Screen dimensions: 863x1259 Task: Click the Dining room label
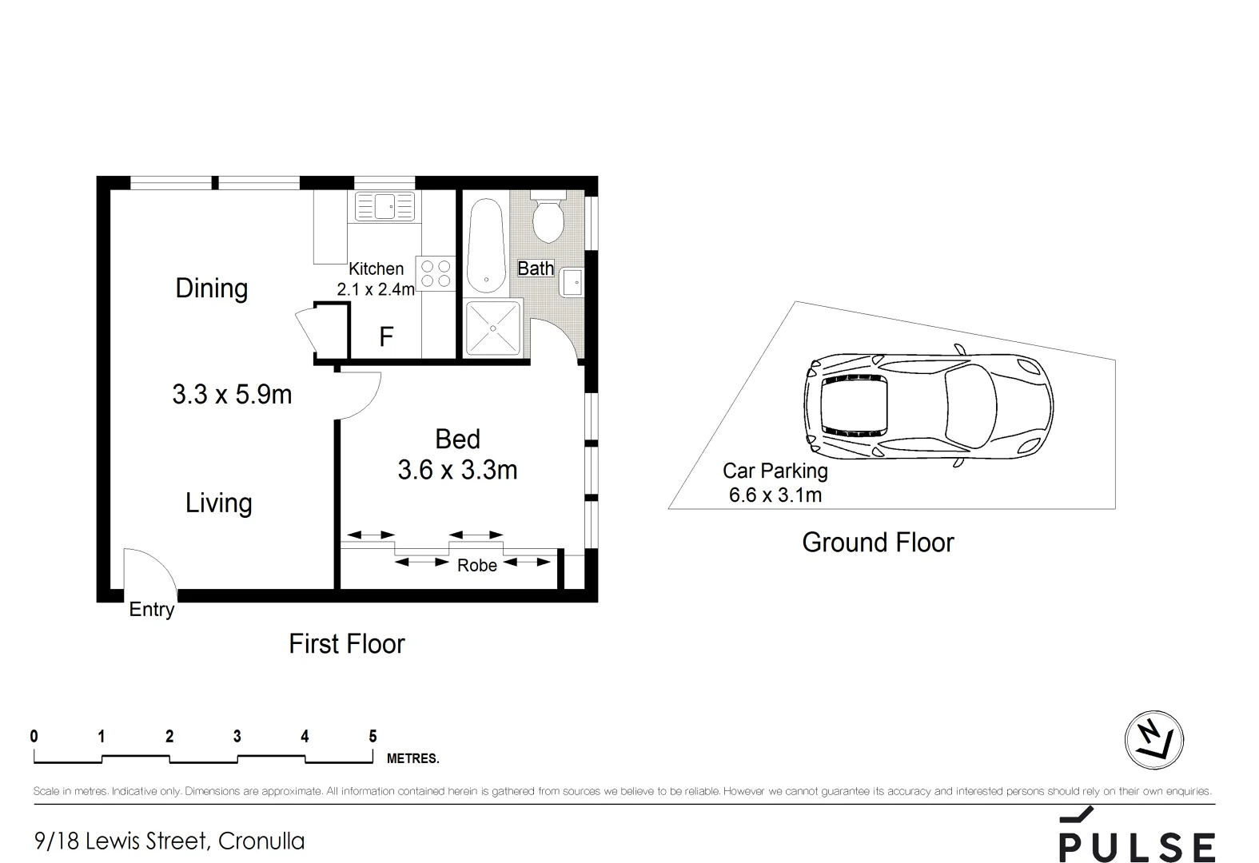211,288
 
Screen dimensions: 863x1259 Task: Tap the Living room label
218,503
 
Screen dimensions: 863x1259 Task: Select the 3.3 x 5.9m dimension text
232,394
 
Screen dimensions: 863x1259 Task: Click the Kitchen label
376,269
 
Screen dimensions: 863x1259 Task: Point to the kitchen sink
384,207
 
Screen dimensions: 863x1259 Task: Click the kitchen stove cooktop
435,273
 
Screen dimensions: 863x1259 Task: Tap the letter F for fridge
386,337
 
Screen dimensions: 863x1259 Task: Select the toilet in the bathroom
548,221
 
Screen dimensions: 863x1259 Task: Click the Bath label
535,268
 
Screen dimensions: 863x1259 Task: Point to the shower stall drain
493,328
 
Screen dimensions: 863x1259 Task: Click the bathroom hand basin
572,283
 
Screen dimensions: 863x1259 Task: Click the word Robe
476,566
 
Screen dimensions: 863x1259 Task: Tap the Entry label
151,610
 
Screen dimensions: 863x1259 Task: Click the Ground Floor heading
878,543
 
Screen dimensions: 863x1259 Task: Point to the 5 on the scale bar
373,736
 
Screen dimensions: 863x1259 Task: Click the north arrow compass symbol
1153,739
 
